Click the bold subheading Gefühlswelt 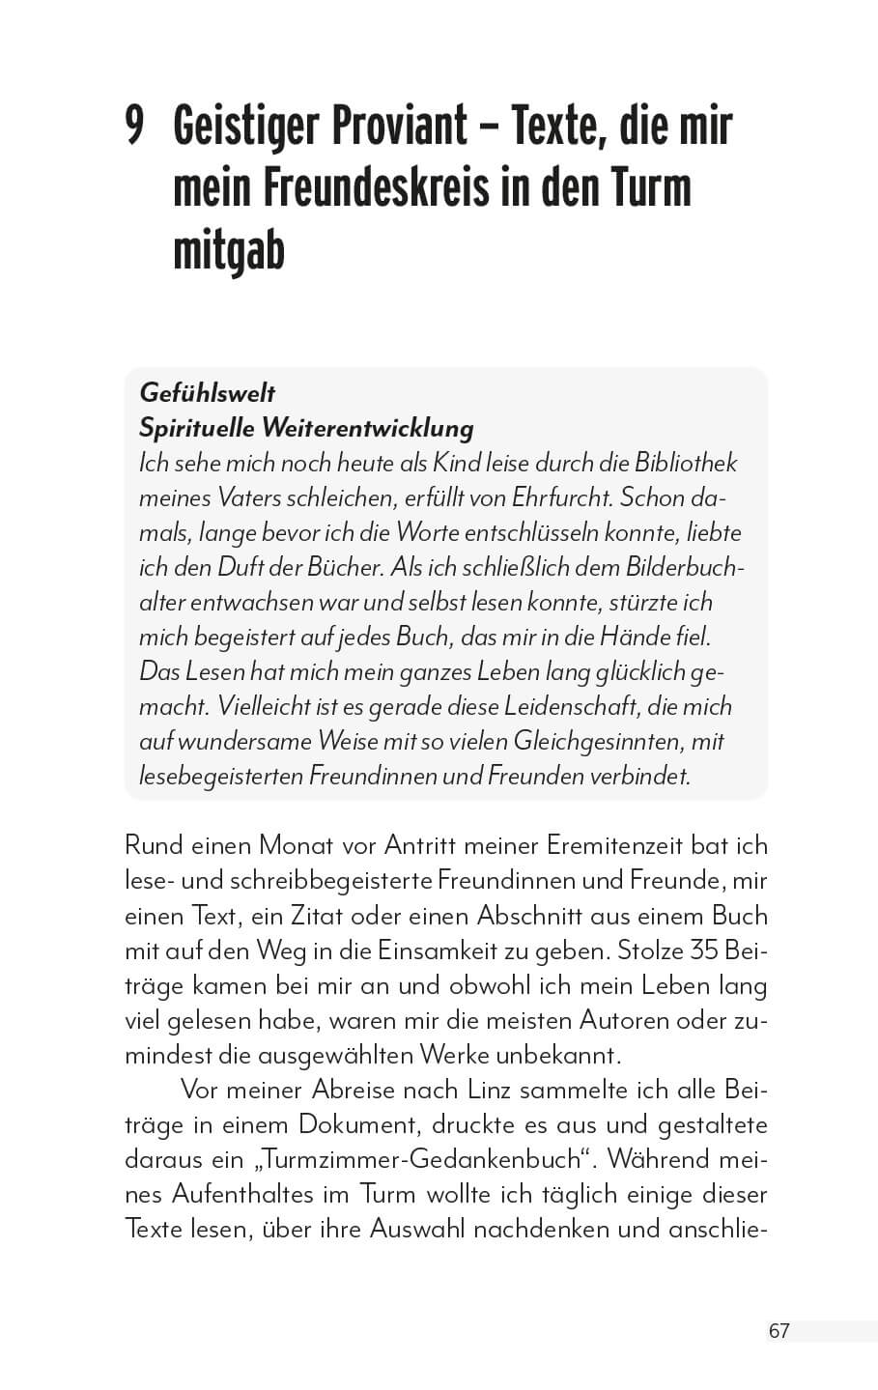point(208,393)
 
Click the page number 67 point(779,1331)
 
